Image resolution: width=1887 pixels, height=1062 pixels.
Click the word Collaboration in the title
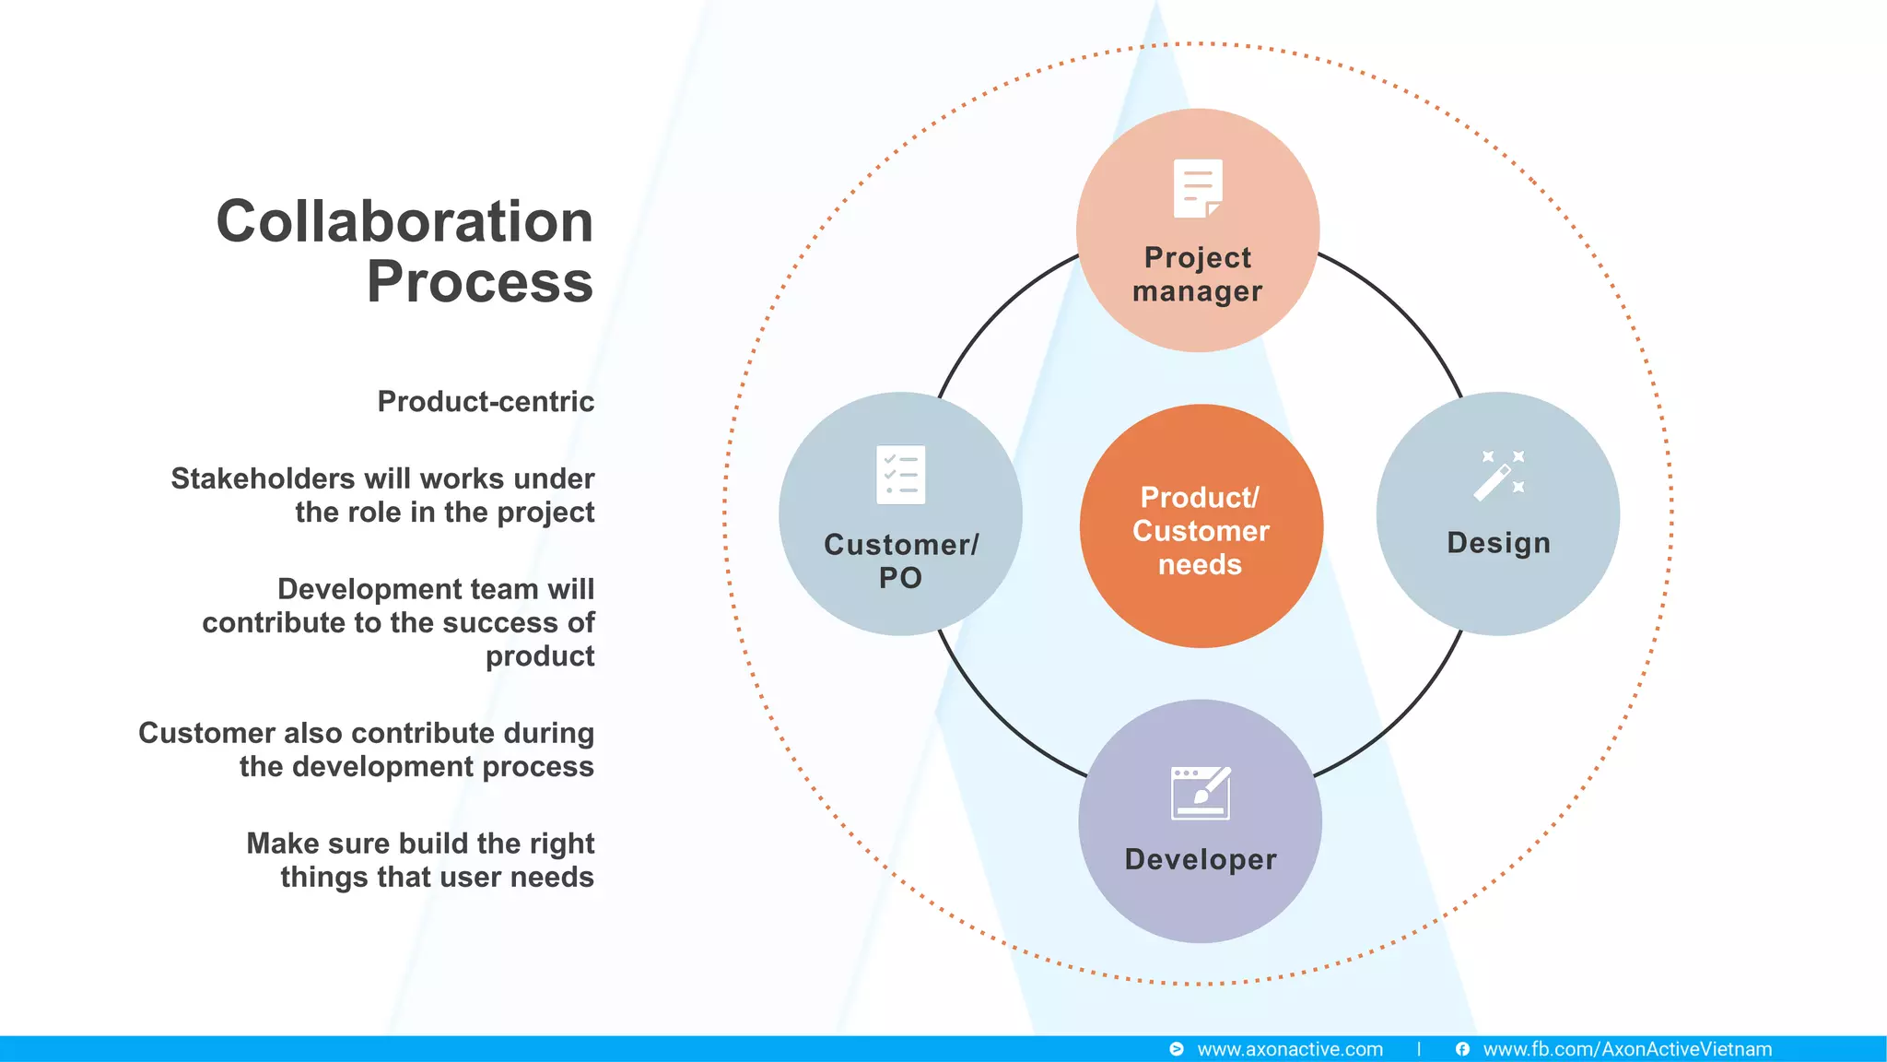pos(404,222)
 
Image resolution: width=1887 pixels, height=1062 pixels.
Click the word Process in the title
pos(480,282)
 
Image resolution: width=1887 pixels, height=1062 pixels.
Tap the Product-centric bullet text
pos(486,402)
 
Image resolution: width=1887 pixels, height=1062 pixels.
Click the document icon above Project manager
pos(1198,189)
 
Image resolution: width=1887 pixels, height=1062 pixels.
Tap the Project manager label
pos(1198,274)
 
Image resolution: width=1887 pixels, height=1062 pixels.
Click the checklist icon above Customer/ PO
pos(900,475)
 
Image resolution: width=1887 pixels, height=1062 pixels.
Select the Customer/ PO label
pos(900,560)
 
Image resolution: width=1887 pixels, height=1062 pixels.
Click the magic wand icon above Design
pos(1498,476)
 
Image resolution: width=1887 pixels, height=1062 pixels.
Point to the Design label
pos(1498,543)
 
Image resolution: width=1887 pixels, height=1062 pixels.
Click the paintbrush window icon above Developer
pos(1201,793)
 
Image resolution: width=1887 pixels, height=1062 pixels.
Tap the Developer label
pos(1201,859)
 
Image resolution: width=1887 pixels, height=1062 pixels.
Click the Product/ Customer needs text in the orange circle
pos(1201,531)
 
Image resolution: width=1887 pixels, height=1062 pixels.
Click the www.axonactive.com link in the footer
pos(1290,1049)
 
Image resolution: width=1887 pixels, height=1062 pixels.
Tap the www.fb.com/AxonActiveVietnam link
pos(1627,1049)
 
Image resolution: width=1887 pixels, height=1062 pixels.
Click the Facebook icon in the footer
pos(1462,1049)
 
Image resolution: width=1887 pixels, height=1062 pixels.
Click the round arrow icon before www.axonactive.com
pos(1177,1049)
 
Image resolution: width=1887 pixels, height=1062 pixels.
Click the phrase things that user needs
pos(437,878)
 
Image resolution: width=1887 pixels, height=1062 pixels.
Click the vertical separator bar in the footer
pos(1419,1049)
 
